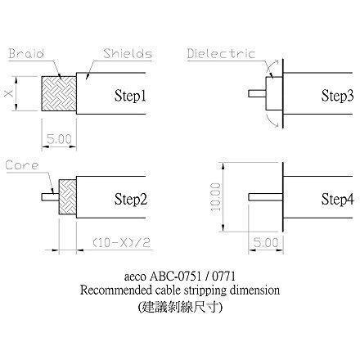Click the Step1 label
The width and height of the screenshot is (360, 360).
pos(130,96)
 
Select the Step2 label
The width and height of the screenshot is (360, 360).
pos(131,199)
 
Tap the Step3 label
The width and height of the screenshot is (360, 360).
pos(337,96)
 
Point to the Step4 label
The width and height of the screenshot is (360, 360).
pos(337,199)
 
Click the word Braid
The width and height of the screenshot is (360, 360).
pos(26,53)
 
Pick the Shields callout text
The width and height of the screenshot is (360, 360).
pos(128,53)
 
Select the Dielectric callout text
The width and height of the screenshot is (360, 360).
pos(221,53)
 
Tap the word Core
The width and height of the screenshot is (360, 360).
pos(22,165)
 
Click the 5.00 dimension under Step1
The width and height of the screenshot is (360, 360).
pos(59,139)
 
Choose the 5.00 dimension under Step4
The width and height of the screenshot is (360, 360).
pos(266,242)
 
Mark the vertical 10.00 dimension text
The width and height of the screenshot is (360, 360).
pos(216,197)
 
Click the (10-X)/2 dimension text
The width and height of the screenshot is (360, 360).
pos(121,242)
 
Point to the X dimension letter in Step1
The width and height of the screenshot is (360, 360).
pos(8,93)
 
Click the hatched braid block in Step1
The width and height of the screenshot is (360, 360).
pos(59,93)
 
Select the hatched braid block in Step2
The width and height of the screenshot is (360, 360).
pos(68,197)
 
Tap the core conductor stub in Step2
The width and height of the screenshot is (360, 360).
pos(50,197)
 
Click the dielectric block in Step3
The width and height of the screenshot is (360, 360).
pos(274,93)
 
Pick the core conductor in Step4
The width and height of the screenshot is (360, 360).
pos(266,197)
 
